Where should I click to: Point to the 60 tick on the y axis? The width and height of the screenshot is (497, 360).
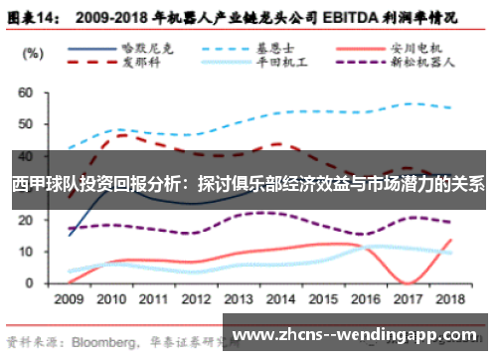(26, 92)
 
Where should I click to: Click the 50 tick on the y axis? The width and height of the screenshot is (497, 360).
(26, 124)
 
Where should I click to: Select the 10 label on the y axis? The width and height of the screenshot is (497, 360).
(26, 252)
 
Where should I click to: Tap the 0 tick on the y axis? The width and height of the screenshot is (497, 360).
(30, 283)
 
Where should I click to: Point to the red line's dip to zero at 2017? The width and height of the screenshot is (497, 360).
(409, 282)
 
